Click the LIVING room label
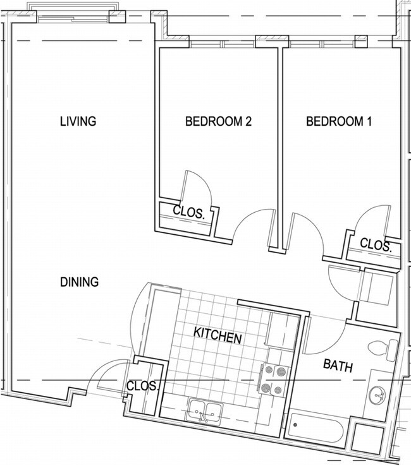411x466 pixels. [x=78, y=121]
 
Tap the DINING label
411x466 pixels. [x=80, y=282]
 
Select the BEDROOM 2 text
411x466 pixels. [x=218, y=122]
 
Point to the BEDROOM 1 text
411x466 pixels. [x=338, y=122]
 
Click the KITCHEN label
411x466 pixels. [x=218, y=335]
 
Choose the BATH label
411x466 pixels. [x=338, y=365]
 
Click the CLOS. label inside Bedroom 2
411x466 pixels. [x=189, y=213]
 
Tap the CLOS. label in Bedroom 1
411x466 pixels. [x=376, y=244]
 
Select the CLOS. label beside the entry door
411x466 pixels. [x=142, y=386]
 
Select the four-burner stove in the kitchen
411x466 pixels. [x=273, y=379]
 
